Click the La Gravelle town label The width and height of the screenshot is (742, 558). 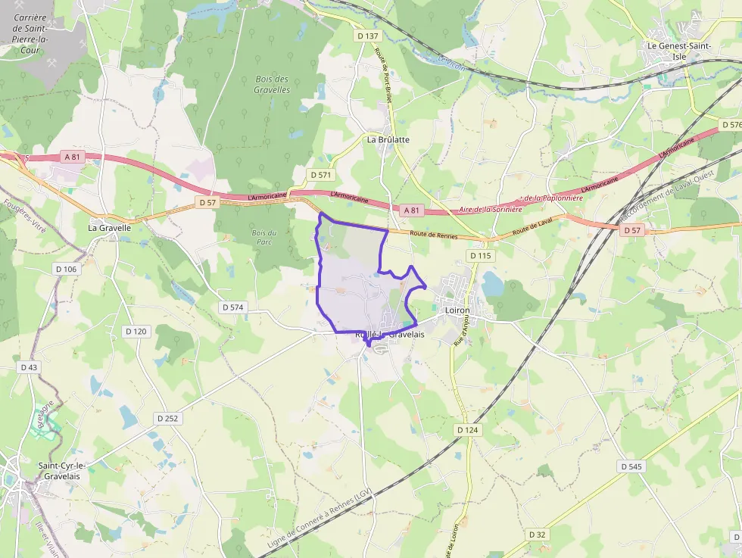tap(110, 227)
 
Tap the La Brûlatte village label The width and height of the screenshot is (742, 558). tap(388, 139)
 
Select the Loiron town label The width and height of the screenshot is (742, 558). tap(457, 310)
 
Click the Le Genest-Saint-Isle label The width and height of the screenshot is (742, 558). tap(677, 51)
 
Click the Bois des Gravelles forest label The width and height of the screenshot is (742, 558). tap(272, 84)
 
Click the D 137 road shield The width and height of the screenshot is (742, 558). tap(367, 36)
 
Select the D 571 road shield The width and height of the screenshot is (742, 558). tap(321, 175)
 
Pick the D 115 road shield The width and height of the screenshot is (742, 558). tap(480, 256)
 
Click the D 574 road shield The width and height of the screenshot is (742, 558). tap(233, 307)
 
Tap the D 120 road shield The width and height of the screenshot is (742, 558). tap(136, 332)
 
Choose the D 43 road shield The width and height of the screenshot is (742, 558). tap(29, 367)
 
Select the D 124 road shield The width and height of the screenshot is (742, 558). tap(468, 430)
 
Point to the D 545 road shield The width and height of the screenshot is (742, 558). tap(631, 466)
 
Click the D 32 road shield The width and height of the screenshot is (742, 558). tap(537, 535)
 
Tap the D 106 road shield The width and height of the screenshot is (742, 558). tap(67, 269)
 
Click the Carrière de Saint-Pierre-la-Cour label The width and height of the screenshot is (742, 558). tap(30, 33)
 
